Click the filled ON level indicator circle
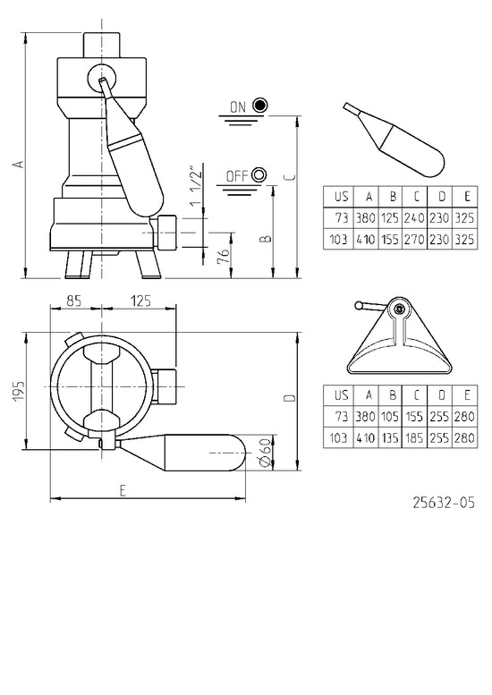(x=260, y=106)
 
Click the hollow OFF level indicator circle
(x=259, y=175)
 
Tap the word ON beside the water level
(x=238, y=106)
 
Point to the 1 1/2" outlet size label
(x=196, y=187)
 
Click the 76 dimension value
(x=225, y=256)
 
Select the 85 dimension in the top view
(x=74, y=301)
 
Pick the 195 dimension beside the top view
(x=19, y=390)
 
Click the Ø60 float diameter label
(x=265, y=453)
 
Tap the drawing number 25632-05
(x=444, y=503)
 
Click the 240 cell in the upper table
(x=414, y=217)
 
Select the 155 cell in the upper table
(x=390, y=240)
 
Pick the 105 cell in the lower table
(x=390, y=416)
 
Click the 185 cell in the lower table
(x=414, y=438)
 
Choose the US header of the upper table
(x=341, y=197)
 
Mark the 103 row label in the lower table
(x=338, y=438)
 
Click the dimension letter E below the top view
(x=123, y=490)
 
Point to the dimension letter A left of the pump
(x=19, y=164)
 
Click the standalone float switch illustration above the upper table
(x=394, y=140)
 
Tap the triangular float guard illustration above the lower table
(x=399, y=335)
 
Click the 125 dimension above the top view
(x=141, y=301)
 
